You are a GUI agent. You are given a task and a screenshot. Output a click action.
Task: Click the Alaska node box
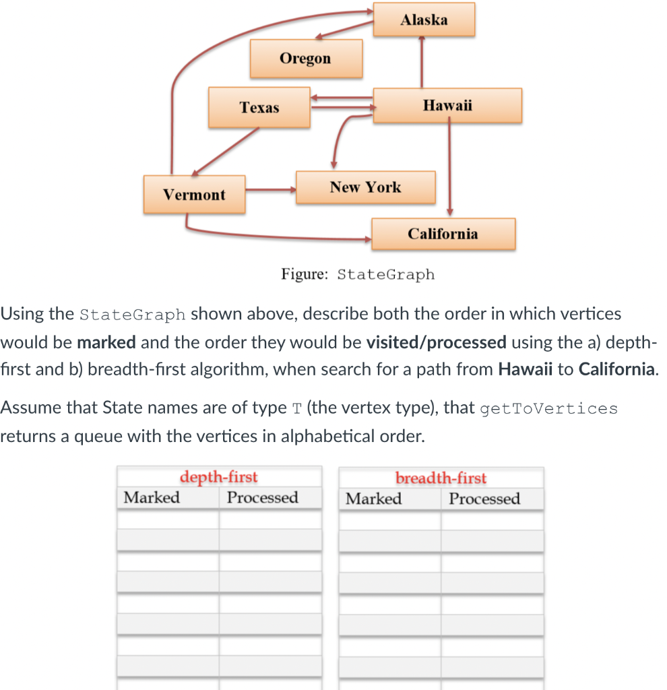pyautogui.click(x=424, y=20)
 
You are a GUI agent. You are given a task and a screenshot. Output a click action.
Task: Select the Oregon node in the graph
pyautogui.click(x=305, y=59)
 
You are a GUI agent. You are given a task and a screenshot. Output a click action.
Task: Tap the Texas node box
pyautogui.click(x=259, y=107)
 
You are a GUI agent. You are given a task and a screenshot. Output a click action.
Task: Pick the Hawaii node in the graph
pyautogui.click(x=447, y=105)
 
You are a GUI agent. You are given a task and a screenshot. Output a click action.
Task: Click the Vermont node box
pyautogui.click(x=194, y=195)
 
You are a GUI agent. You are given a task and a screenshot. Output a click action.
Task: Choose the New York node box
pyautogui.click(x=365, y=187)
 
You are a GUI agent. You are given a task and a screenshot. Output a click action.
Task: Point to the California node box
pyautogui.click(x=443, y=234)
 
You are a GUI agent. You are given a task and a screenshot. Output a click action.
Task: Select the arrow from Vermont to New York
pyautogui.click(x=270, y=190)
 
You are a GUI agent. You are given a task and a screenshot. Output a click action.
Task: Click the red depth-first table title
pyautogui.click(x=218, y=478)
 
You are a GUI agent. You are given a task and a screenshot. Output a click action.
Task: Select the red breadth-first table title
pyautogui.click(x=441, y=478)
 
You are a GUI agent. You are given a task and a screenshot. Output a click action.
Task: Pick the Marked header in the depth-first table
pyautogui.click(x=152, y=498)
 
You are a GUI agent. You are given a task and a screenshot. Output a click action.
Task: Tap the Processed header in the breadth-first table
pyautogui.click(x=484, y=499)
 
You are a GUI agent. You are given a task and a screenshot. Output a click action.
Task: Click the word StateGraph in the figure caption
pyautogui.click(x=385, y=275)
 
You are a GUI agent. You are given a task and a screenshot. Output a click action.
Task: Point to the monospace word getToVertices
pyautogui.click(x=548, y=408)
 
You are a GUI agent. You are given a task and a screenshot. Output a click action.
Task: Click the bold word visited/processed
pyautogui.click(x=436, y=342)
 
